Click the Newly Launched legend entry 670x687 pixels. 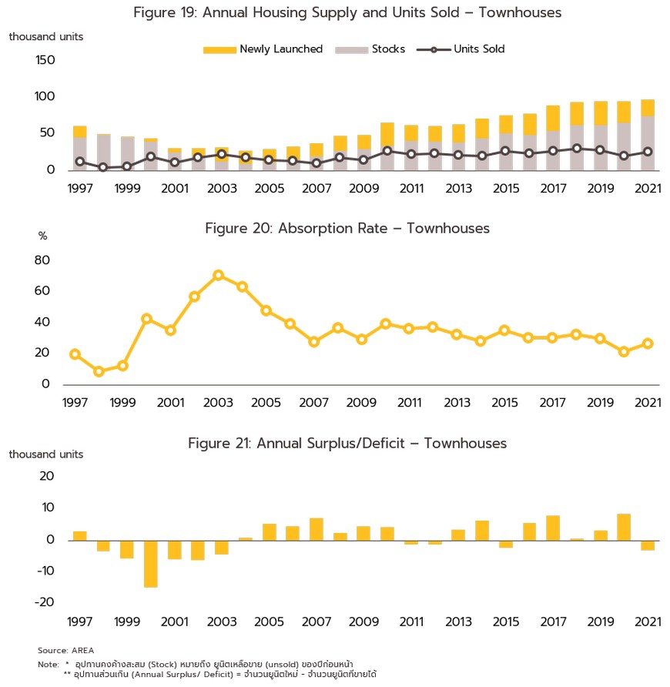coord(263,49)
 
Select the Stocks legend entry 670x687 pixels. coord(370,49)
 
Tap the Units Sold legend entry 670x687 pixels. coord(461,49)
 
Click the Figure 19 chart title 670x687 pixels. coord(347,12)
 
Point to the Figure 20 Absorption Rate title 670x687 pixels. coord(347,228)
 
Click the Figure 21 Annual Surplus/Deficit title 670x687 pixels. coord(347,444)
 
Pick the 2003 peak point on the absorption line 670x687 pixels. coord(218,275)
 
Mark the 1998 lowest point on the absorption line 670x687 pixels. coord(99,371)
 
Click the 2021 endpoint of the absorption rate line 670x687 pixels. coord(648,343)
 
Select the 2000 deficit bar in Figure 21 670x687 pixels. coord(151,564)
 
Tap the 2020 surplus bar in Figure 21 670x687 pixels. coord(624,527)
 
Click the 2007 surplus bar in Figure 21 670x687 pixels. coord(317,529)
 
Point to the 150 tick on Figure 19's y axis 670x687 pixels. coord(45,60)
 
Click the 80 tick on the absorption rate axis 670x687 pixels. coord(42,260)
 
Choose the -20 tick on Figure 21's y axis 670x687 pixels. coord(44,602)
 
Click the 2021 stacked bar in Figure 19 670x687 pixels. coord(648,135)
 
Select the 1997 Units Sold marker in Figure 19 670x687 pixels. coord(80,162)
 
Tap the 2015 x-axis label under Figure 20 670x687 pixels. coord(504,403)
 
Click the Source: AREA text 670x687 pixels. coord(65,651)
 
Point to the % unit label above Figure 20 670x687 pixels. coord(42,236)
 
